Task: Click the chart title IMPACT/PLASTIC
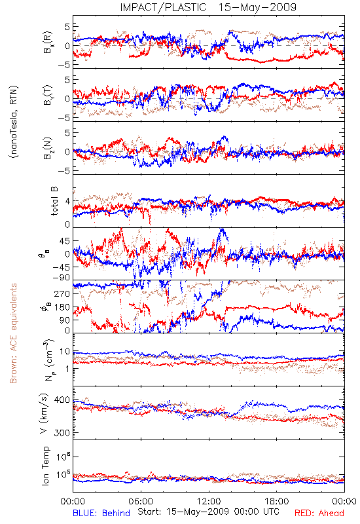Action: pos(163,7)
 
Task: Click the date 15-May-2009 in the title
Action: pos(257,7)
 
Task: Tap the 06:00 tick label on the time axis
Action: pos(141,501)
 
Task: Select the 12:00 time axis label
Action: pos(209,501)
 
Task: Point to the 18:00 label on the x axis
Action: pos(277,501)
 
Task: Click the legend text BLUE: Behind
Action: pos(101,513)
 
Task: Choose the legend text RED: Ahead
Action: pos(319,513)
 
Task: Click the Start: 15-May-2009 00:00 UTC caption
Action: pos(208,512)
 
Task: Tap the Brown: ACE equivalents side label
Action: pos(13,333)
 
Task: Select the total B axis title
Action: pos(54,201)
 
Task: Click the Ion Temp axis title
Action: pos(45,466)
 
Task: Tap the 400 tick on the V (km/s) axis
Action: pos(62,400)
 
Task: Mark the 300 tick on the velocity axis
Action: pos(62,433)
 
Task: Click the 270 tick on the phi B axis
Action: pos(63,293)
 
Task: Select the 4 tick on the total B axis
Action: pos(68,201)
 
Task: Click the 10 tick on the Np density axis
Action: pos(65,352)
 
